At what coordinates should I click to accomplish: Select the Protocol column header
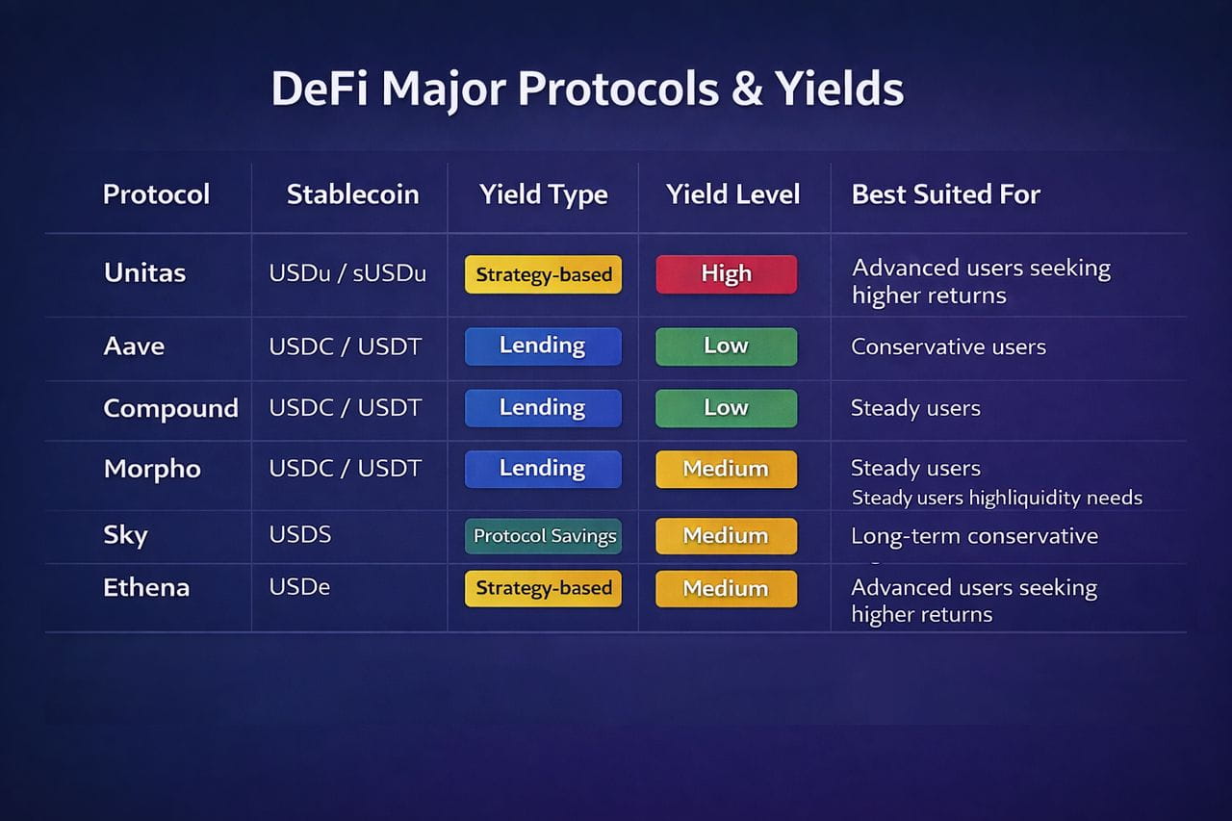click(x=156, y=194)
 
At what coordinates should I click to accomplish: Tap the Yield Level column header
click(x=733, y=194)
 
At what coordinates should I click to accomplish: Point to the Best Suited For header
click(x=946, y=194)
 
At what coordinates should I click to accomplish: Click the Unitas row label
click(x=144, y=272)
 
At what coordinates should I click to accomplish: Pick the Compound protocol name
click(x=171, y=409)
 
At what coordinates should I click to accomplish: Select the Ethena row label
click(x=146, y=588)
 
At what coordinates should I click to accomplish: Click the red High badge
click(x=726, y=274)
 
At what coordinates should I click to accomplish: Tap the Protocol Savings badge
click(x=544, y=536)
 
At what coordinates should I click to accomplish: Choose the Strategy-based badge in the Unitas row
click(x=544, y=274)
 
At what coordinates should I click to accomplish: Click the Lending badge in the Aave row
click(x=544, y=346)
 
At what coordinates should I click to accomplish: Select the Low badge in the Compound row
click(x=726, y=408)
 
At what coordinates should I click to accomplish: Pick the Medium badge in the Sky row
click(x=726, y=536)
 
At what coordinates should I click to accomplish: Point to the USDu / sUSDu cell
click(x=347, y=273)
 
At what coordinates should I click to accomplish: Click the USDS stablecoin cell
click(x=300, y=534)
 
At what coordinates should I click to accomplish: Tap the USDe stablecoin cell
click(x=299, y=587)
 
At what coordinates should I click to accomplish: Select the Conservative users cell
click(x=949, y=346)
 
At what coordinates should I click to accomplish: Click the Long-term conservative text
click(x=975, y=536)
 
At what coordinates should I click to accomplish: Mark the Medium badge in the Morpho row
click(x=726, y=469)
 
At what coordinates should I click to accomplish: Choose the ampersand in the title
click(x=747, y=89)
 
